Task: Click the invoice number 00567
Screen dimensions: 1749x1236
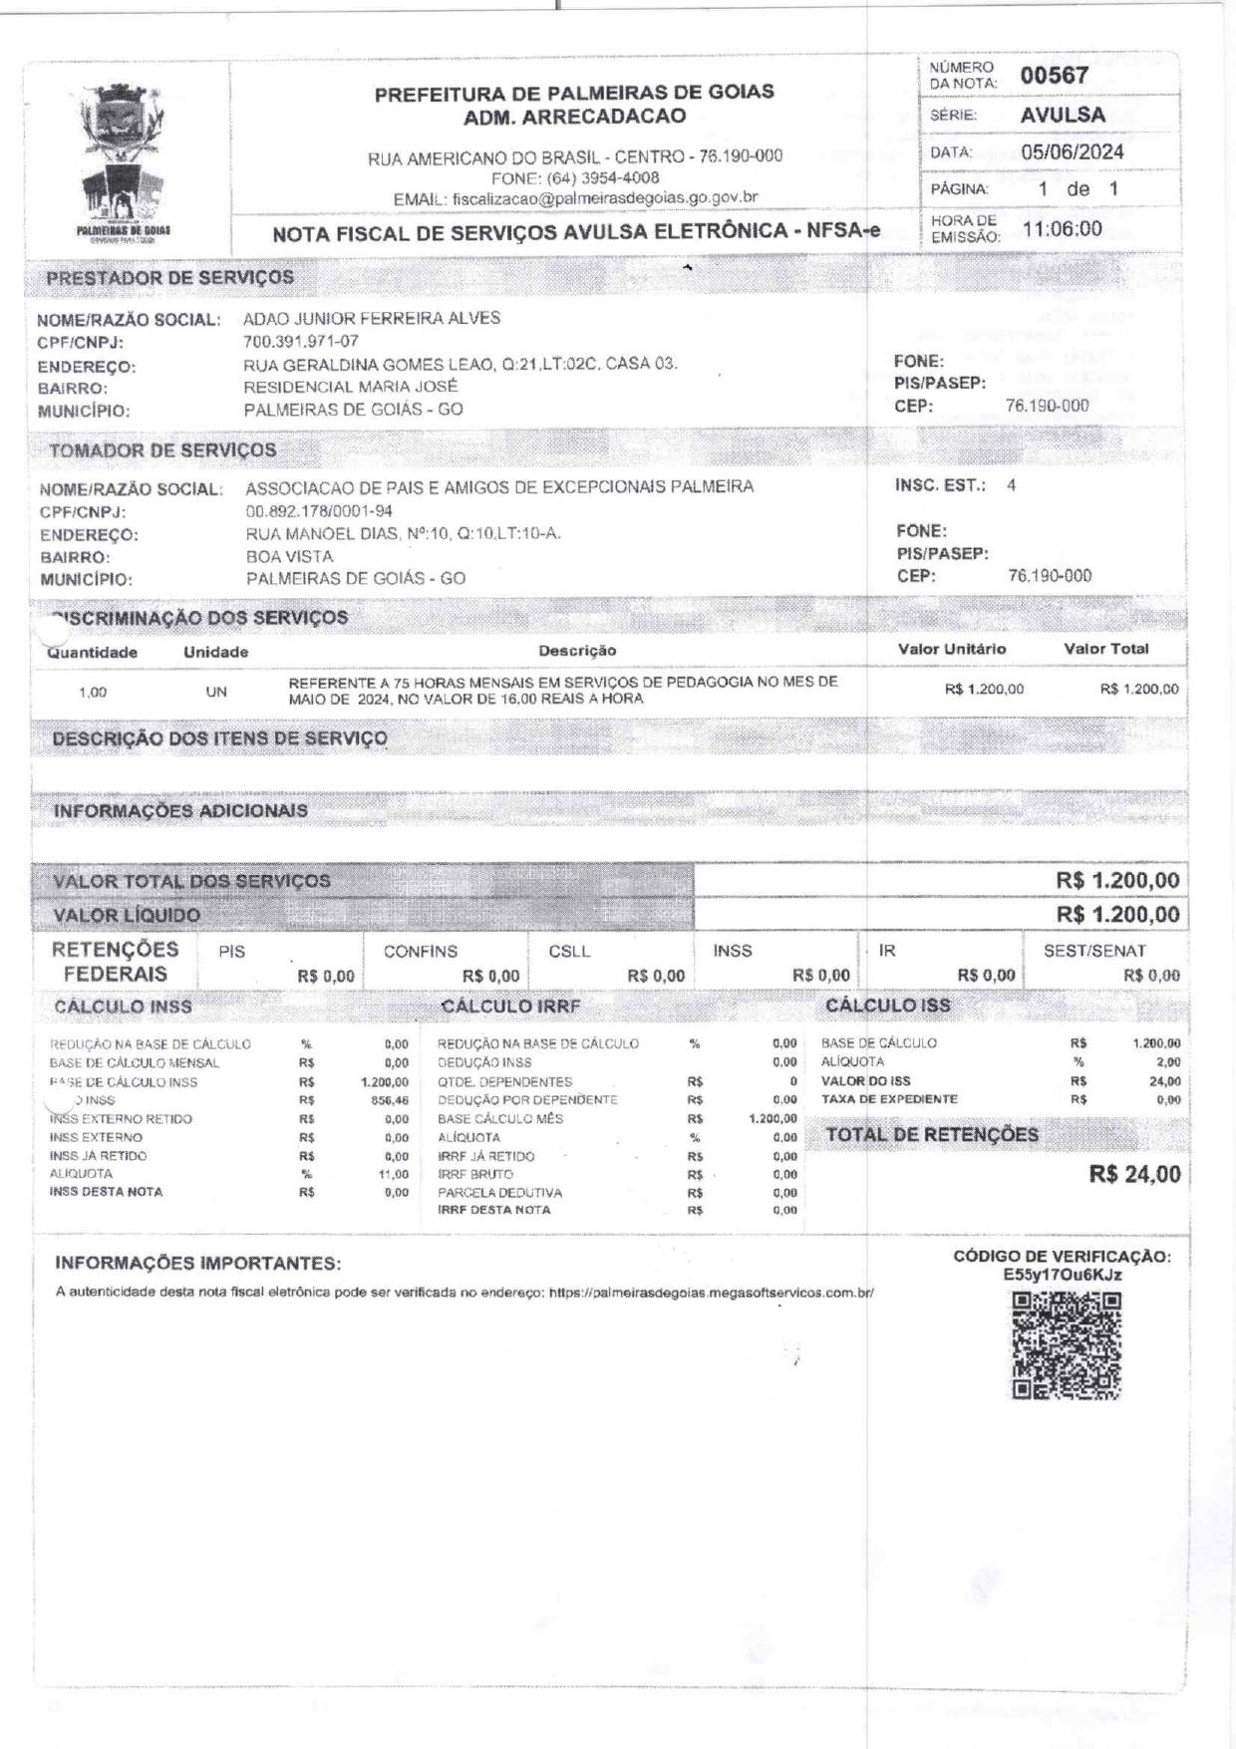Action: [x=1055, y=76]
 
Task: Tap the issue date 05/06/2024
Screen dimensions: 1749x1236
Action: [x=1073, y=152]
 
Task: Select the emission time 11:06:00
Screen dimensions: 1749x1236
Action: [x=1063, y=229]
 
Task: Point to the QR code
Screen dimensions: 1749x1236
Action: [x=1067, y=1345]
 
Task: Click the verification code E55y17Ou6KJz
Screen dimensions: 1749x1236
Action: [x=1062, y=1275]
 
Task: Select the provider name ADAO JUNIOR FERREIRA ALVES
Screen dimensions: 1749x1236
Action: [x=372, y=319]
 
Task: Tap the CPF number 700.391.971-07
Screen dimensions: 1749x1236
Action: [x=301, y=342]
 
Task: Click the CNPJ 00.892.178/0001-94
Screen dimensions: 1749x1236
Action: [x=319, y=511]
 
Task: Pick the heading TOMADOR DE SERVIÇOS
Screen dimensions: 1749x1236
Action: [x=162, y=450]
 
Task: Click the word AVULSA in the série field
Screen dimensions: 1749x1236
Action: [x=1063, y=115]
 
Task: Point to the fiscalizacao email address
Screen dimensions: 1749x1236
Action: [x=605, y=198]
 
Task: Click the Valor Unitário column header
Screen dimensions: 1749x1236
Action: [x=952, y=650]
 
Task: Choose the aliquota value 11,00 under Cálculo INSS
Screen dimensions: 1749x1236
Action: [x=395, y=1175]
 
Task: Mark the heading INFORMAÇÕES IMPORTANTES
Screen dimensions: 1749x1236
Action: [x=198, y=1264]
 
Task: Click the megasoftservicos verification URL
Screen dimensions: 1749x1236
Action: [x=712, y=1293]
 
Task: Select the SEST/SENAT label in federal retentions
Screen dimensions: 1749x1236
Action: [x=1094, y=952]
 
